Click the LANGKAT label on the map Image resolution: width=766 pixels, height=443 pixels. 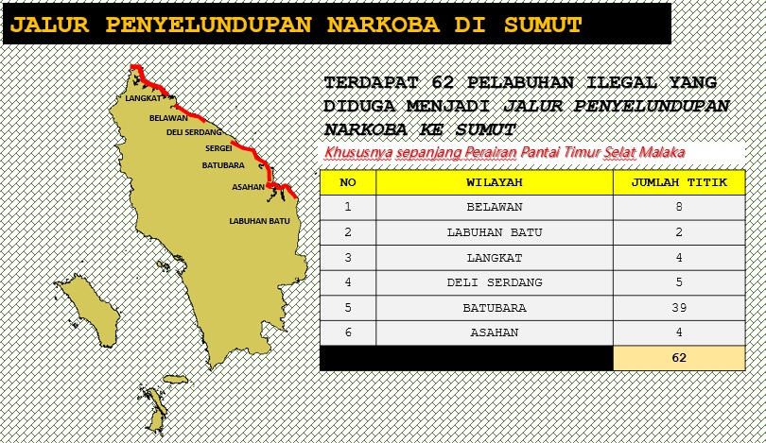point(143,97)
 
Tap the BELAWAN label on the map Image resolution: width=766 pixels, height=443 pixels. point(168,118)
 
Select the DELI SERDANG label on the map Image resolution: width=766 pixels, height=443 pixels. point(194,132)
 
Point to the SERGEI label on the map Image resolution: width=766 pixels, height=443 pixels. point(218,148)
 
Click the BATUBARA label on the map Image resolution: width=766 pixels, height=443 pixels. point(223,165)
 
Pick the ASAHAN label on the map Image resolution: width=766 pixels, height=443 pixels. point(248,187)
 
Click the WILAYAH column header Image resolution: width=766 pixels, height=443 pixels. point(495,182)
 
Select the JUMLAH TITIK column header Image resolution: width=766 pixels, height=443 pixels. point(679,182)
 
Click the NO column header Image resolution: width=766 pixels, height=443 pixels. point(348,182)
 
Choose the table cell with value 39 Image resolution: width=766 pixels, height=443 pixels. point(679,308)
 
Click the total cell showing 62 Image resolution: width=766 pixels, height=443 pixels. point(679,358)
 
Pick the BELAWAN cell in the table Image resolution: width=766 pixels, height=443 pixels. point(495,207)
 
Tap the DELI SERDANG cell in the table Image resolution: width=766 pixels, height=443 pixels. point(495,282)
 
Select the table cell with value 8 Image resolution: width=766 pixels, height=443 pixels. point(679,207)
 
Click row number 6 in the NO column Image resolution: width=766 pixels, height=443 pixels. point(348,332)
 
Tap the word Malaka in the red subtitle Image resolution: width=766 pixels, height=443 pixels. point(660,152)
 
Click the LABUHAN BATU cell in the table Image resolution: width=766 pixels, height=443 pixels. point(495,232)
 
